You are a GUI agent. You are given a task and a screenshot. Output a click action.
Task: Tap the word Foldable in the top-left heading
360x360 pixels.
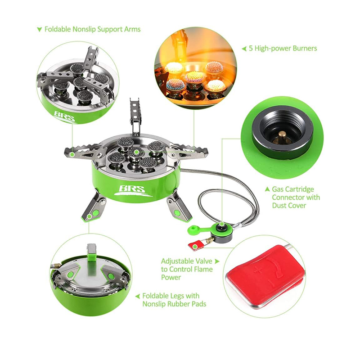(x=58, y=29)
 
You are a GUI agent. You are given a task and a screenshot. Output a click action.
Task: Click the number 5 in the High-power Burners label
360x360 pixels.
(x=251, y=49)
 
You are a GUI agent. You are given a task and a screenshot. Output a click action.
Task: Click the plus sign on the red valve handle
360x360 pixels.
(x=258, y=270)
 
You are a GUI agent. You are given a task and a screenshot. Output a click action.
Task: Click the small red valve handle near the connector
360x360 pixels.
(x=196, y=245)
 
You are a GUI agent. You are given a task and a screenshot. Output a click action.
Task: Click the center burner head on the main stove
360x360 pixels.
(x=136, y=152)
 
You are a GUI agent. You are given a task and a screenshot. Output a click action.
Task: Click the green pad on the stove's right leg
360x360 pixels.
(x=177, y=213)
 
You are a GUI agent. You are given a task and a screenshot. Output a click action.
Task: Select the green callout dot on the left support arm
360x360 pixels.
(x=72, y=154)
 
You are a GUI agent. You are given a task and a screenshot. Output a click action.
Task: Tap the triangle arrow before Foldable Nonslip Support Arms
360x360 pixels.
(x=40, y=30)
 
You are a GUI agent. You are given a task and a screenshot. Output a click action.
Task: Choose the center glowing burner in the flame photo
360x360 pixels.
(x=194, y=77)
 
